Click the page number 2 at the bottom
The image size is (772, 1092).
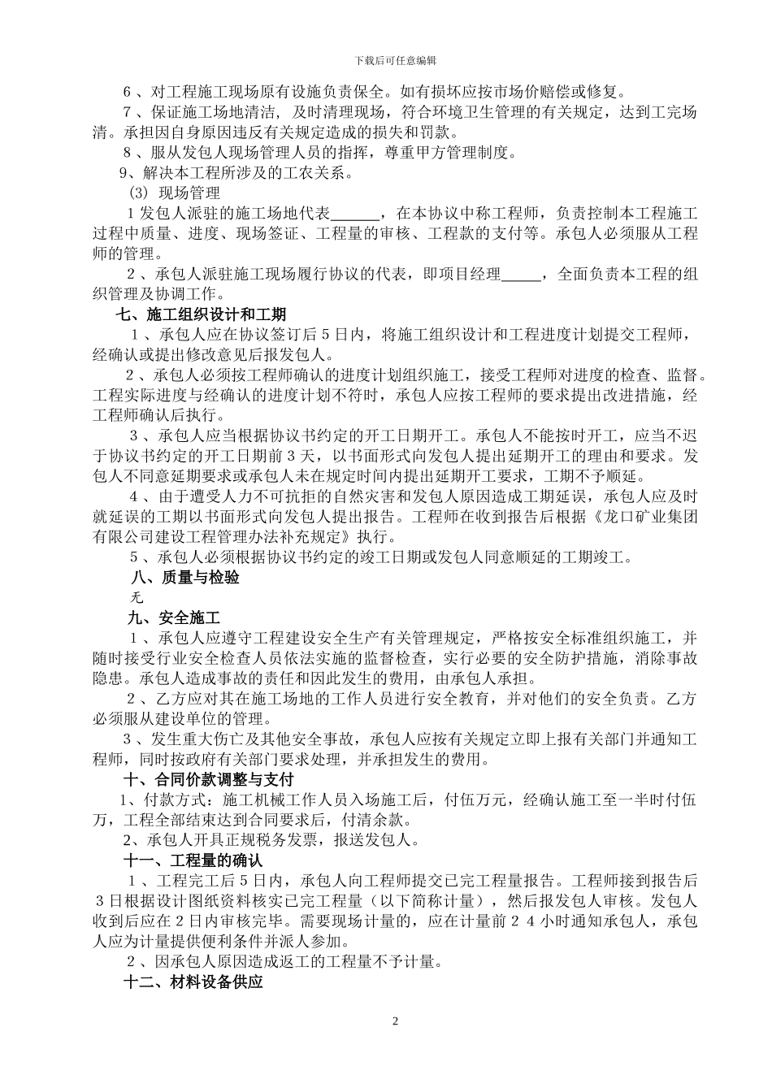pos(395,1020)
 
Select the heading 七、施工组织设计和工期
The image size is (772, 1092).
pos(201,314)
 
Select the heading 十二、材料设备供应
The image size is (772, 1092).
pos(193,981)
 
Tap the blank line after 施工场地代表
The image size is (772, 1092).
pos(356,214)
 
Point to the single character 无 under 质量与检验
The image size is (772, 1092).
pos(137,597)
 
